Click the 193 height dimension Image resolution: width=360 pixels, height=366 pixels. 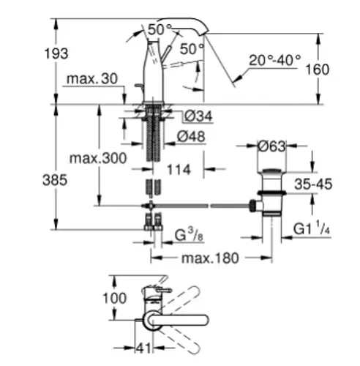(x=56, y=53)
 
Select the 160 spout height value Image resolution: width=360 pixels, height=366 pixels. (x=318, y=70)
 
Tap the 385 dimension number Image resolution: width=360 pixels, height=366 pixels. (x=55, y=180)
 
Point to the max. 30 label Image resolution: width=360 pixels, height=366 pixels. (x=92, y=79)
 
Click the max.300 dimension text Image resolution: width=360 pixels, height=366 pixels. (x=98, y=158)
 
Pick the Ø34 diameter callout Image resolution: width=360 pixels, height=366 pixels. (x=198, y=116)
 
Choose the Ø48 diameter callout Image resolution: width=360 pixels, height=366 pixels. (x=191, y=136)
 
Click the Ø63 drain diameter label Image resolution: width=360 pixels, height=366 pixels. (x=271, y=146)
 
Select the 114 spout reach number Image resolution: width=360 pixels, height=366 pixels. (x=179, y=170)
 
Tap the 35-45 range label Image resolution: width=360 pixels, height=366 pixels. (x=313, y=184)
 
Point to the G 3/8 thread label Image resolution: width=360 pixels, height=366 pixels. (x=190, y=235)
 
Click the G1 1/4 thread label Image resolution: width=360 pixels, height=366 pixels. (x=312, y=228)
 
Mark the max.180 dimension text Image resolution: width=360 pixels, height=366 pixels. (x=210, y=258)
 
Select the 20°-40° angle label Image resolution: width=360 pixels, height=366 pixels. (x=275, y=60)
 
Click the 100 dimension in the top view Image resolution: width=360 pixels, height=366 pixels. (x=114, y=298)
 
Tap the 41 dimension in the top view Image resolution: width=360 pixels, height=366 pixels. (x=143, y=348)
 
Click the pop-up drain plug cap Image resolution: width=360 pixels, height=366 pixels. (x=272, y=171)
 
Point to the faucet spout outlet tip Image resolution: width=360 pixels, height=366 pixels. (x=204, y=34)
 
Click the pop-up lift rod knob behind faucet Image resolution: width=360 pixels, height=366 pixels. (x=137, y=86)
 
